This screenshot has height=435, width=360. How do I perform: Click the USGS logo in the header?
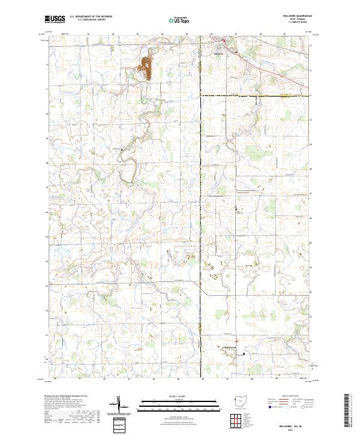55,19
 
